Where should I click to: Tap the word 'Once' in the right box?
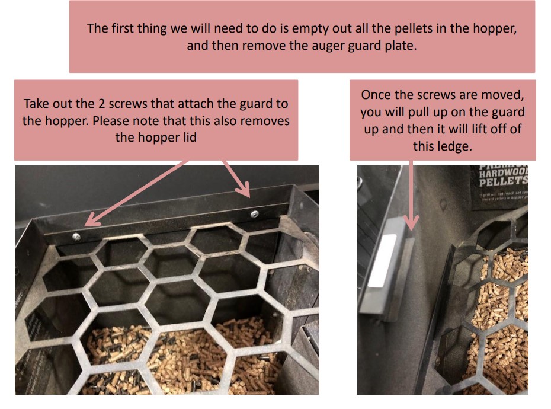pyautogui.click(x=376, y=95)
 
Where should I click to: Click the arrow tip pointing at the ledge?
pyautogui.click(x=412, y=228)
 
